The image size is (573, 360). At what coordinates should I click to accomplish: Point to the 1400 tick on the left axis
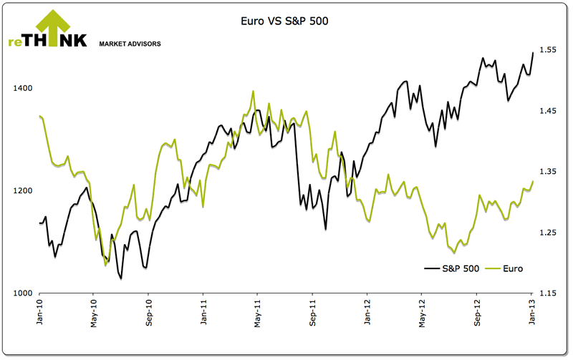click(x=23, y=88)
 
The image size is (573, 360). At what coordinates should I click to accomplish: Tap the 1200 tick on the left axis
click(x=23, y=191)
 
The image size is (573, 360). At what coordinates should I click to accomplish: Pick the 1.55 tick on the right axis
click(x=549, y=49)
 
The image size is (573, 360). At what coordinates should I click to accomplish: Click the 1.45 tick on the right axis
click(x=549, y=111)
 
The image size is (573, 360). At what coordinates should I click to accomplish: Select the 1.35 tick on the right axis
click(x=549, y=172)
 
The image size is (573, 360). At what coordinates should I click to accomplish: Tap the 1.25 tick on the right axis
click(x=549, y=233)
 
